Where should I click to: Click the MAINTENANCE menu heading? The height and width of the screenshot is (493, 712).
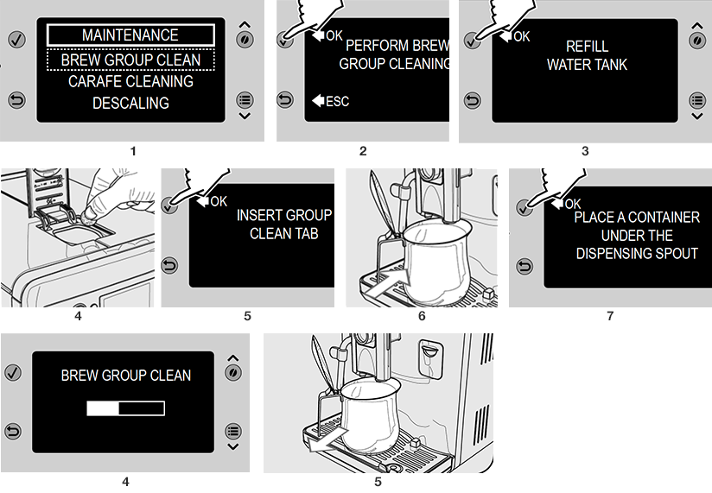pyautogui.click(x=130, y=35)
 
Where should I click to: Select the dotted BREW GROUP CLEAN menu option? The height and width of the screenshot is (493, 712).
pyautogui.click(x=130, y=60)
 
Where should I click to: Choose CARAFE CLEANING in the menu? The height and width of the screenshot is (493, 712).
pyautogui.click(x=130, y=81)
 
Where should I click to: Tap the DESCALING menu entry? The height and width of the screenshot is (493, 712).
pyautogui.click(x=130, y=103)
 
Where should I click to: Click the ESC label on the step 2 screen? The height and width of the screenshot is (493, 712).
pyautogui.click(x=337, y=101)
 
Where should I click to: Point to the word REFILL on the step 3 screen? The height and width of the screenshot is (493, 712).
pyautogui.click(x=587, y=46)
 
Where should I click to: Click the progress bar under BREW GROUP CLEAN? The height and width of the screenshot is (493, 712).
pyautogui.click(x=125, y=408)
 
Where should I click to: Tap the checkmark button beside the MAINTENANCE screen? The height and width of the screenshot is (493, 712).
pyautogui.click(x=16, y=40)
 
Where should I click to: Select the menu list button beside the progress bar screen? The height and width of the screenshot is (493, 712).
pyautogui.click(x=233, y=432)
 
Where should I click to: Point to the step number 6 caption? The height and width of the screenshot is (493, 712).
pyautogui.click(x=422, y=316)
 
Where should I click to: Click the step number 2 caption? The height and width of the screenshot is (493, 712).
pyautogui.click(x=363, y=151)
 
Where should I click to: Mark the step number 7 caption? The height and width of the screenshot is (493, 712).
pyautogui.click(x=610, y=316)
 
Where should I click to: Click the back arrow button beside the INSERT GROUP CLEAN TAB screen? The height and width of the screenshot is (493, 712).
pyautogui.click(x=169, y=266)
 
